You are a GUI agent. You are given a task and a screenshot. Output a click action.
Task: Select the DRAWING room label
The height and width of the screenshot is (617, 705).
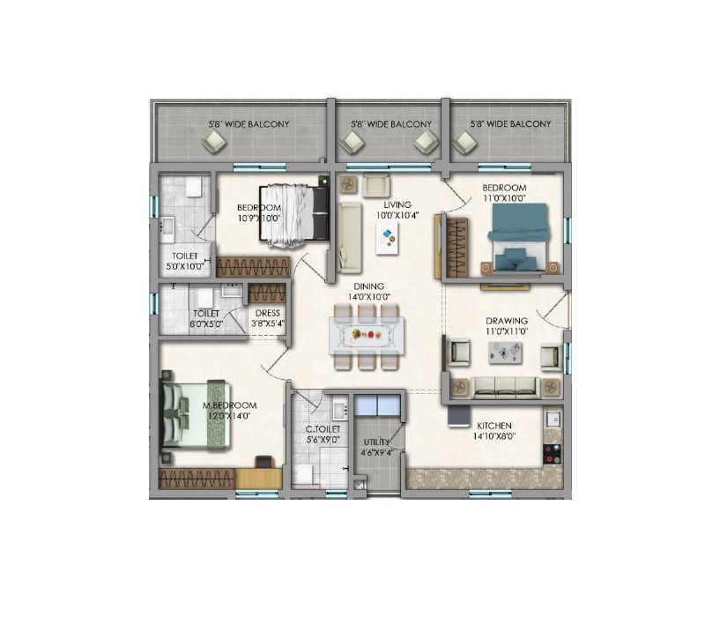point(507,321)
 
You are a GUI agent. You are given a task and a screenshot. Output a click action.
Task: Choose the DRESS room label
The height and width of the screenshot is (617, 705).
point(267,312)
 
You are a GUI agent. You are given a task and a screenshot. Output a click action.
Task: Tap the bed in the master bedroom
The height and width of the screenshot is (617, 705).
point(195,413)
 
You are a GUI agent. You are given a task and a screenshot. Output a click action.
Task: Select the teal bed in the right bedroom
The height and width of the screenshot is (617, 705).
point(519,235)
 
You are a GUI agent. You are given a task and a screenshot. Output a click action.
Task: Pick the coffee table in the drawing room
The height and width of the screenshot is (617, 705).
point(505,353)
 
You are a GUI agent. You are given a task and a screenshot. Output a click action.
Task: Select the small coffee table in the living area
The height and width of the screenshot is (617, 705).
point(386,237)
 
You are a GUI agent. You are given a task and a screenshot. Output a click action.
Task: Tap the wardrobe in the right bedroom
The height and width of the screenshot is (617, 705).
point(456,248)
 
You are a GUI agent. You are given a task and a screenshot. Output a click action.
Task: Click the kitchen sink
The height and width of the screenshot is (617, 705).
point(553,419)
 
